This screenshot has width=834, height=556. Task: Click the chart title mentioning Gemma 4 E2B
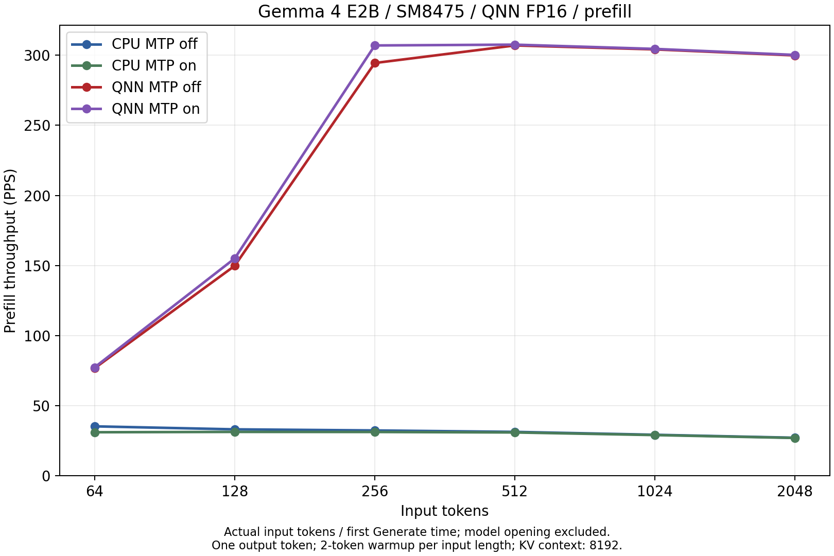445,11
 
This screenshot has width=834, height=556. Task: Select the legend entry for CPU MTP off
134,44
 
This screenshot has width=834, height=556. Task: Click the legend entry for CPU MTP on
134,65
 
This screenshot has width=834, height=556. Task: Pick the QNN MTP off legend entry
136,87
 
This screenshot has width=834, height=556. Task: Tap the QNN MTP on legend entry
135,109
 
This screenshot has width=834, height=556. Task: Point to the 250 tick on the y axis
37,126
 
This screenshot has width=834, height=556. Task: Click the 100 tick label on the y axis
37,336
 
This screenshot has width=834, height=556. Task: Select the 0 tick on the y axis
46,476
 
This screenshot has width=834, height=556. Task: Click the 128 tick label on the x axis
235,492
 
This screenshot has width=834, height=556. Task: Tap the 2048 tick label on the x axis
795,492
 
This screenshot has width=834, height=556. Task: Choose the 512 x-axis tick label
514,492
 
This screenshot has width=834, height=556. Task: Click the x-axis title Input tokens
445,511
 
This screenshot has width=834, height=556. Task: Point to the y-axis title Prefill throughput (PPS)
10,251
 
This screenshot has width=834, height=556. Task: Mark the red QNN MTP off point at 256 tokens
375,63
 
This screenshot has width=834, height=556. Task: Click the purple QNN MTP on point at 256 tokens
375,45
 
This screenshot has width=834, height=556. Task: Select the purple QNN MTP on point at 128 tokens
235,258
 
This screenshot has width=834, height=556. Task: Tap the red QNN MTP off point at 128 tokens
235,266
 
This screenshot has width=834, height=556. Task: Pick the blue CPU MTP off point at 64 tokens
95,426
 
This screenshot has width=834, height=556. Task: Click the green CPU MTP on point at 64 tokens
95,432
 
